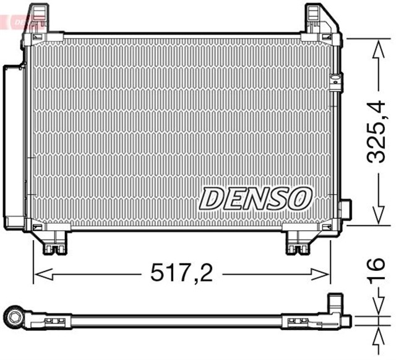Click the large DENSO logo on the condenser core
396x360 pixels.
[254, 199]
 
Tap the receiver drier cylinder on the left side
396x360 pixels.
[14, 145]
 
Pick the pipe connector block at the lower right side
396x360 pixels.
[344, 210]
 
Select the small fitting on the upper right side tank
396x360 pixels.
[336, 82]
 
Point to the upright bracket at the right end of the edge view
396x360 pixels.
[335, 304]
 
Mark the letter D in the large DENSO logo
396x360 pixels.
[211, 199]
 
